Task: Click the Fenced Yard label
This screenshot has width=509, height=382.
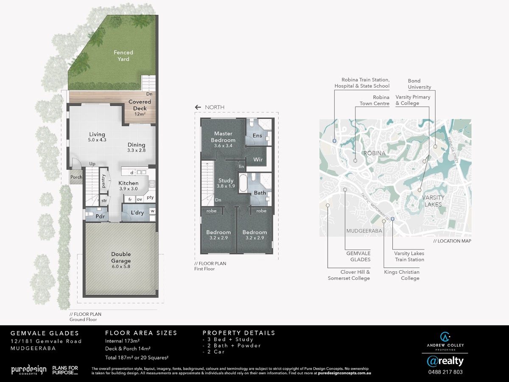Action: click(123, 56)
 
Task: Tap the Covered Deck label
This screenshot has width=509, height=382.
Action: click(140, 105)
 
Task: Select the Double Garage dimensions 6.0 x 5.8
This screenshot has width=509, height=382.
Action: click(121, 267)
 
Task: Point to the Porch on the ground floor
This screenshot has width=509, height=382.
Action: click(76, 177)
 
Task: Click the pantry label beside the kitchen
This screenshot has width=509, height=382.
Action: click(103, 181)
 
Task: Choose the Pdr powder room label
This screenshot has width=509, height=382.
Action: click(100, 216)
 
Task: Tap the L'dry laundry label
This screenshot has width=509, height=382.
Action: click(137, 213)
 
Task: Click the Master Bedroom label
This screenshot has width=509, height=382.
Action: click(223, 137)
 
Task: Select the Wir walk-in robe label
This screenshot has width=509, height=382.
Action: click(258, 160)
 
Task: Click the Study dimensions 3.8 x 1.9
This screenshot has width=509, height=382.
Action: click(226, 186)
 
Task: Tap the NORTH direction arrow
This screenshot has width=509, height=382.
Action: click(198, 107)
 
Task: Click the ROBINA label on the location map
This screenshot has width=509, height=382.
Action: click(375, 153)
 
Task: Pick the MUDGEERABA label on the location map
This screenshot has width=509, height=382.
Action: click(364, 231)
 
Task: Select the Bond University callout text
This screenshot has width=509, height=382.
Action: click(420, 84)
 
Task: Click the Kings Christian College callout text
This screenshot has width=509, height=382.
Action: click(402, 275)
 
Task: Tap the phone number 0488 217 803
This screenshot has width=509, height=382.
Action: click(445, 372)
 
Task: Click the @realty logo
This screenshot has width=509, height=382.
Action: click(445, 361)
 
